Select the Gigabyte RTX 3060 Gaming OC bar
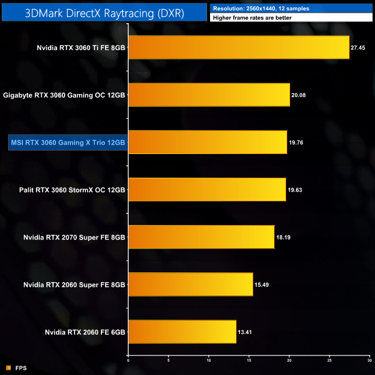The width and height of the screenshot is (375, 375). (x=209, y=95)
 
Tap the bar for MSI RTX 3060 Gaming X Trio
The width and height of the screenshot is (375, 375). (x=208, y=142)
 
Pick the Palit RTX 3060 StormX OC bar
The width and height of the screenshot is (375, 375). (x=207, y=189)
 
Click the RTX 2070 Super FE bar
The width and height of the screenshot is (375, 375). (x=201, y=237)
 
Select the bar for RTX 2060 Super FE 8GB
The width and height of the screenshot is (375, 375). (x=190, y=284)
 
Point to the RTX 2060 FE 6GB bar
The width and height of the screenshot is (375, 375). (x=182, y=331)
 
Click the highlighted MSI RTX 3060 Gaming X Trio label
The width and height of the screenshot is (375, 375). (x=68, y=142)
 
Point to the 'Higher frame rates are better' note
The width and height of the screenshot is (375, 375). (x=252, y=18)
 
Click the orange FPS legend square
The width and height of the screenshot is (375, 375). (x=8, y=367)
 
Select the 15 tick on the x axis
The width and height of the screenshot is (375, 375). (x=249, y=362)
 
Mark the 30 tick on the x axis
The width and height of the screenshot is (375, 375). (x=369, y=362)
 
